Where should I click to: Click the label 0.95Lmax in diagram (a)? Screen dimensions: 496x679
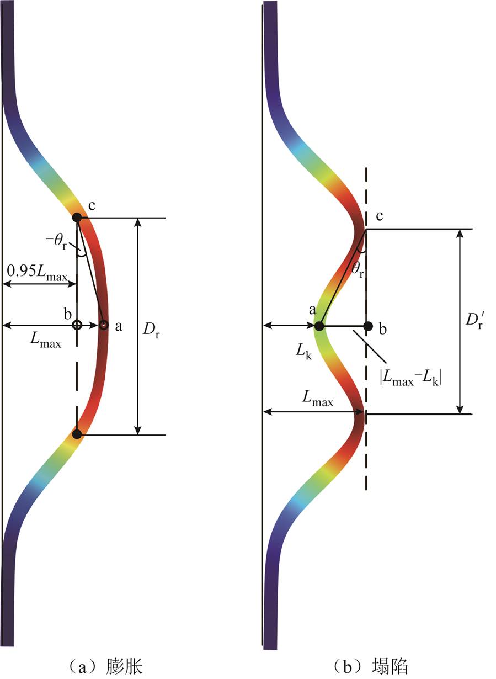(x=37, y=273)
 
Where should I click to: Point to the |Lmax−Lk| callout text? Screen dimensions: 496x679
(x=410, y=378)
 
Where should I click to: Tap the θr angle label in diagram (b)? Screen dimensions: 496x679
(x=357, y=270)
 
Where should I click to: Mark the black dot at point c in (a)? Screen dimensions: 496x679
(x=77, y=218)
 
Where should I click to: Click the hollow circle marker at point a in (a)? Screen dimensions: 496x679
(x=104, y=325)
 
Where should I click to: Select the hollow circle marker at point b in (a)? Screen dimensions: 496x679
(x=77, y=325)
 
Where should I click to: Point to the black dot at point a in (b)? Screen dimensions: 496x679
(x=319, y=326)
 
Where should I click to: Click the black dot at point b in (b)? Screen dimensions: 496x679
(x=368, y=326)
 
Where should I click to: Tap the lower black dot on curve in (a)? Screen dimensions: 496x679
(x=77, y=434)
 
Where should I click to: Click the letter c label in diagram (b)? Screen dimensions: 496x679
(x=379, y=216)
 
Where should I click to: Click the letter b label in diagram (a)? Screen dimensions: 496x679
(x=68, y=314)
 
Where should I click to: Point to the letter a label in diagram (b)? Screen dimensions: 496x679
(x=312, y=310)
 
